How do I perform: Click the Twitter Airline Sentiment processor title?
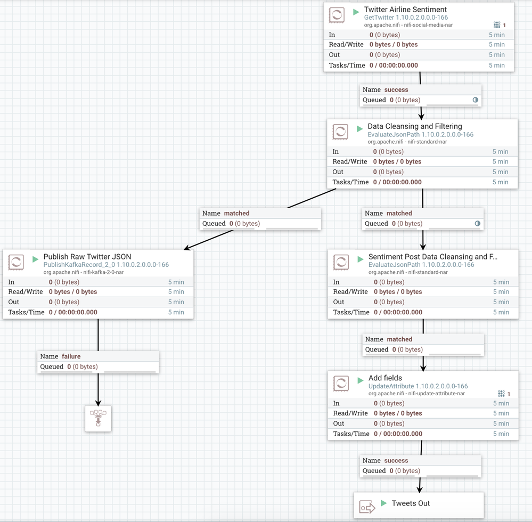click(405, 10)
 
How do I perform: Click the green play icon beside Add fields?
click(360, 380)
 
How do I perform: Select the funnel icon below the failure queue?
click(98, 418)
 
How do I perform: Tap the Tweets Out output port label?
click(411, 503)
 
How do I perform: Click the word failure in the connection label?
click(71, 356)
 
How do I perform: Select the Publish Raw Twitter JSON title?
click(87, 257)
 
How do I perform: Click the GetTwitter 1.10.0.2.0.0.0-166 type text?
click(406, 18)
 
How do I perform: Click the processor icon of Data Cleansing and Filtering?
click(340, 132)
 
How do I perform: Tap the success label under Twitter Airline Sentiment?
click(396, 89)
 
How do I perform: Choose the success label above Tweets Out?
click(396, 460)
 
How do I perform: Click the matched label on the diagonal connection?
click(236, 213)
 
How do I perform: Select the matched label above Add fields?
click(399, 339)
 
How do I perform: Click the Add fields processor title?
click(385, 378)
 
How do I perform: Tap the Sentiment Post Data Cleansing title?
click(432, 257)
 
